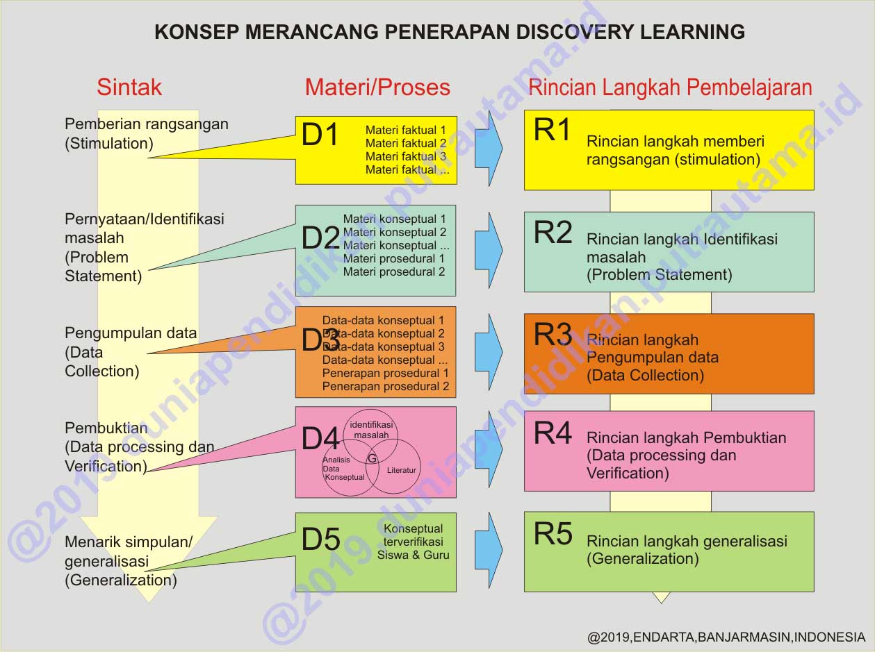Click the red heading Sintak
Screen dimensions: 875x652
point(129,87)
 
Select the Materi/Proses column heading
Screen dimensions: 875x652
point(377,87)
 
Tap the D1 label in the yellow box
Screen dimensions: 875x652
point(320,134)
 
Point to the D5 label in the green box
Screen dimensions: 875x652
point(321,540)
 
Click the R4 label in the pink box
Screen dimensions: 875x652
point(553,433)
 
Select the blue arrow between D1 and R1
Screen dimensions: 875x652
point(489,148)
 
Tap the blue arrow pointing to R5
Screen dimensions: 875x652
point(489,550)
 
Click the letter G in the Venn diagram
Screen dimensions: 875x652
point(372,458)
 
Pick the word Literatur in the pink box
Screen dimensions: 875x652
point(402,470)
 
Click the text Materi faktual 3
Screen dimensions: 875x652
point(406,156)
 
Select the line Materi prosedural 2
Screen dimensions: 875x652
point(394,272)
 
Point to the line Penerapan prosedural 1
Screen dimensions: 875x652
point(386,373)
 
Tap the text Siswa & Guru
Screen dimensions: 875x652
point(413,555)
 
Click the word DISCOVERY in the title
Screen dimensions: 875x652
point(575,32)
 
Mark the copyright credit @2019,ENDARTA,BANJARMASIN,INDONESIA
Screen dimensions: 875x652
point(726,637)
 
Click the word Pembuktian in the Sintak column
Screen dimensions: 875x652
point(106,428)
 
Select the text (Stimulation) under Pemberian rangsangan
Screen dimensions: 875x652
point(109,143)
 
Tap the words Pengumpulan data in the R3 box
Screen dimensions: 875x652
point(653,358)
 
